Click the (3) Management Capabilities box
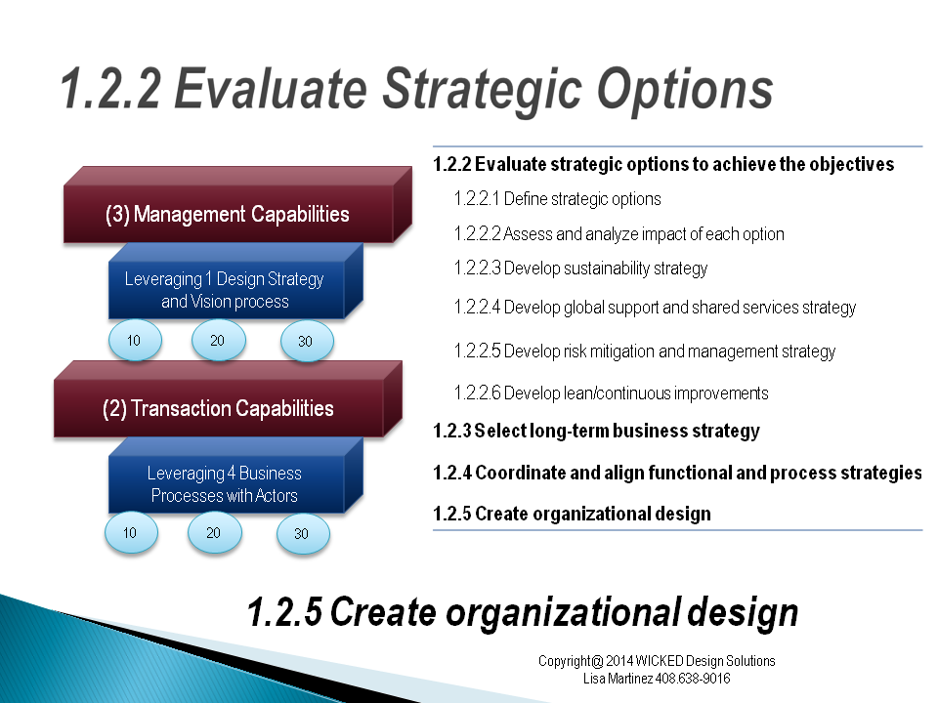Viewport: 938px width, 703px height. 237,205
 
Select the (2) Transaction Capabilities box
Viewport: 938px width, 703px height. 228,399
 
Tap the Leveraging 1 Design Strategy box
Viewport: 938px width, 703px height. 235,281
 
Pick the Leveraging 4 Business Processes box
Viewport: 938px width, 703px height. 235,476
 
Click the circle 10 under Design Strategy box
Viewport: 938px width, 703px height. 135,340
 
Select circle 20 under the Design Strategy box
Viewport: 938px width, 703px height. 218,340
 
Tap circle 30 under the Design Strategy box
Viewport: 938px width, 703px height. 306,341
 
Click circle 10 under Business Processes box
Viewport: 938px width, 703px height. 131,533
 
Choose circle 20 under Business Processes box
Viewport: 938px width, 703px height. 214,533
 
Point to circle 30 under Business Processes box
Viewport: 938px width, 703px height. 303,533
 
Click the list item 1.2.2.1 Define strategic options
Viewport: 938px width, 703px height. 558,198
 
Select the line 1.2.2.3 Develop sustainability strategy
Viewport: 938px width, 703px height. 580,269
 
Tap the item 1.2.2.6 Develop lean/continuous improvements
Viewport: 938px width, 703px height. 612,393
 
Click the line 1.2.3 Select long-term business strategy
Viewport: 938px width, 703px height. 596,431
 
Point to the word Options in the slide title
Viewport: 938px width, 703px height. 685,90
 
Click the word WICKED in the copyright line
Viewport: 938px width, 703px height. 660,661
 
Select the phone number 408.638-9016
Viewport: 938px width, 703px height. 693,679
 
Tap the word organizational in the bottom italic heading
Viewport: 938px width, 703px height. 564,613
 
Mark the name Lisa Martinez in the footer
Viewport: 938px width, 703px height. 618,679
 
